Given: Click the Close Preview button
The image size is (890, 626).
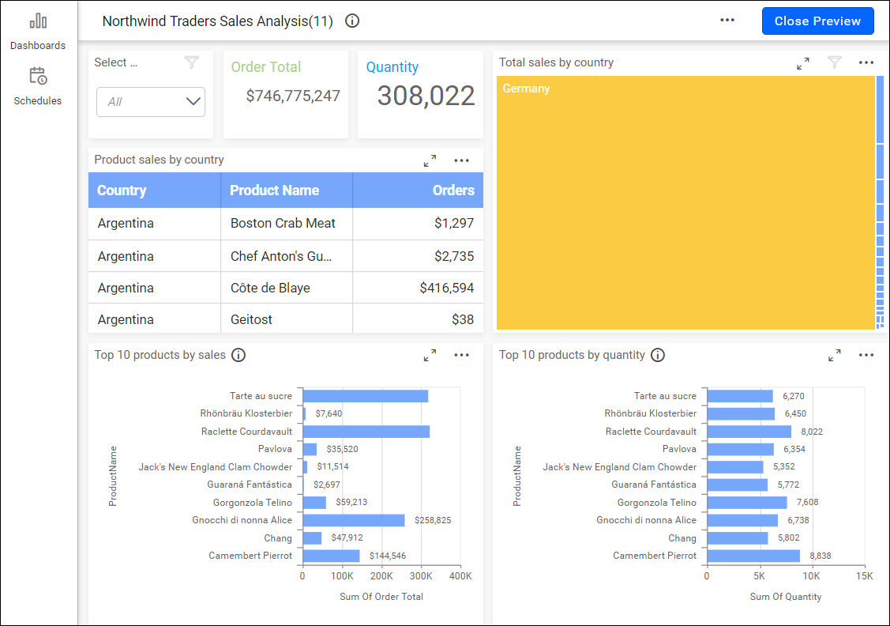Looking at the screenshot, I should pyautogui.click(x=817, y=21).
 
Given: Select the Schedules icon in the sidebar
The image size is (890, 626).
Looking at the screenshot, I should pyautogui.click(x=38, y=77).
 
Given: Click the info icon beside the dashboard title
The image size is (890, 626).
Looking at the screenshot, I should pyautogui.click(x=352, y=21).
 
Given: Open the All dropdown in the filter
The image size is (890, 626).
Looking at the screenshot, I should pyautogui.click(x=151, y=101).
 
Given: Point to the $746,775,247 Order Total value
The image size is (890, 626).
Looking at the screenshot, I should pyautogui.click(x=293, y=96).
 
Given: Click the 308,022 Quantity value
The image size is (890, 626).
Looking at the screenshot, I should pyautogui.click(x=426, y=96).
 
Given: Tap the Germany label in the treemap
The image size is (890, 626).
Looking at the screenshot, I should pyautogui.click(x=526, y=89).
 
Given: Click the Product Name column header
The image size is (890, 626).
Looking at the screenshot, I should pyautogui.click(x=274, y=190).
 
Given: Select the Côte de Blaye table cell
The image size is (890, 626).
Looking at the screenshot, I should pyautogui.click(x=270, y=288).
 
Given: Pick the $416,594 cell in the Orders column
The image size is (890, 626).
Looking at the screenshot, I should pyautogui.click(x=446, y=288).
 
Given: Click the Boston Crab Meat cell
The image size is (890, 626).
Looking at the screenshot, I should pyautogui.click(x=283, y=224).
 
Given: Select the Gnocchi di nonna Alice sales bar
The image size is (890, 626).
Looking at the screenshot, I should pyautogui.click(x=353, y=520).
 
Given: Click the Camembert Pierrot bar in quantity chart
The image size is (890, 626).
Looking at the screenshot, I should pyautogui.click(x=753, y=556).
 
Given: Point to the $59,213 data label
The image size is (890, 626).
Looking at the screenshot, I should pyautogui.click(x=351, y=503).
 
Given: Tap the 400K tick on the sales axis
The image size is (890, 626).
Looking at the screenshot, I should pyautogui.click(x=460, y=577).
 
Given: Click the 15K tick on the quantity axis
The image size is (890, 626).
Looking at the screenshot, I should pyautogui.click(x=864, y=577).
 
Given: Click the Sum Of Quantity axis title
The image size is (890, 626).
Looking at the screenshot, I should pyautogui.click(x=786, y=597).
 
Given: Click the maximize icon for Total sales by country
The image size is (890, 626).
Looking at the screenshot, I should pyautogui.click(x=803, y=63).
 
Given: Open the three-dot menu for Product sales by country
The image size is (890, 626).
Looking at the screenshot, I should pyautogui.click(x=462, y=160).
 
